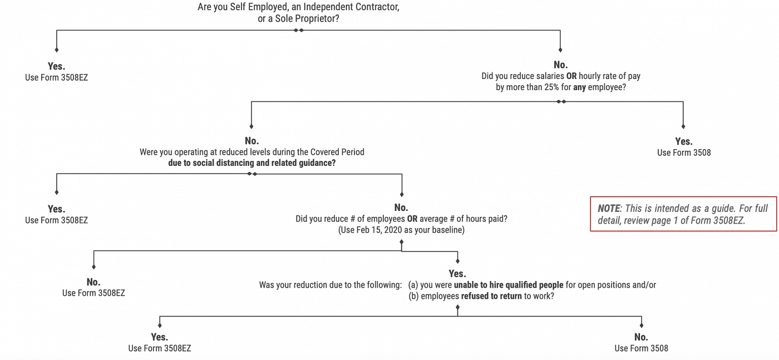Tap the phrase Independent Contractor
(351, 7)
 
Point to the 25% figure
(551, 87)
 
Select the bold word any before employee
(579, 87)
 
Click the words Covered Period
(337, 152)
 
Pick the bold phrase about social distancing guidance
(252, 163)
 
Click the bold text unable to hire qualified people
(509, 285)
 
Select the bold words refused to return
(491, 296)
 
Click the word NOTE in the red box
(609, 208)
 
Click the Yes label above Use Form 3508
(684, 141)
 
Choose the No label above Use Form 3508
(641, 337)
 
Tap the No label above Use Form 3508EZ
(93, 282)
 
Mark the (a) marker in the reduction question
(413, 285)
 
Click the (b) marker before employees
(413, 296)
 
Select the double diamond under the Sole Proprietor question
(298, 30)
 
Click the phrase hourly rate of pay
(609, 76)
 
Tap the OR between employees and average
(412, 219)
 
